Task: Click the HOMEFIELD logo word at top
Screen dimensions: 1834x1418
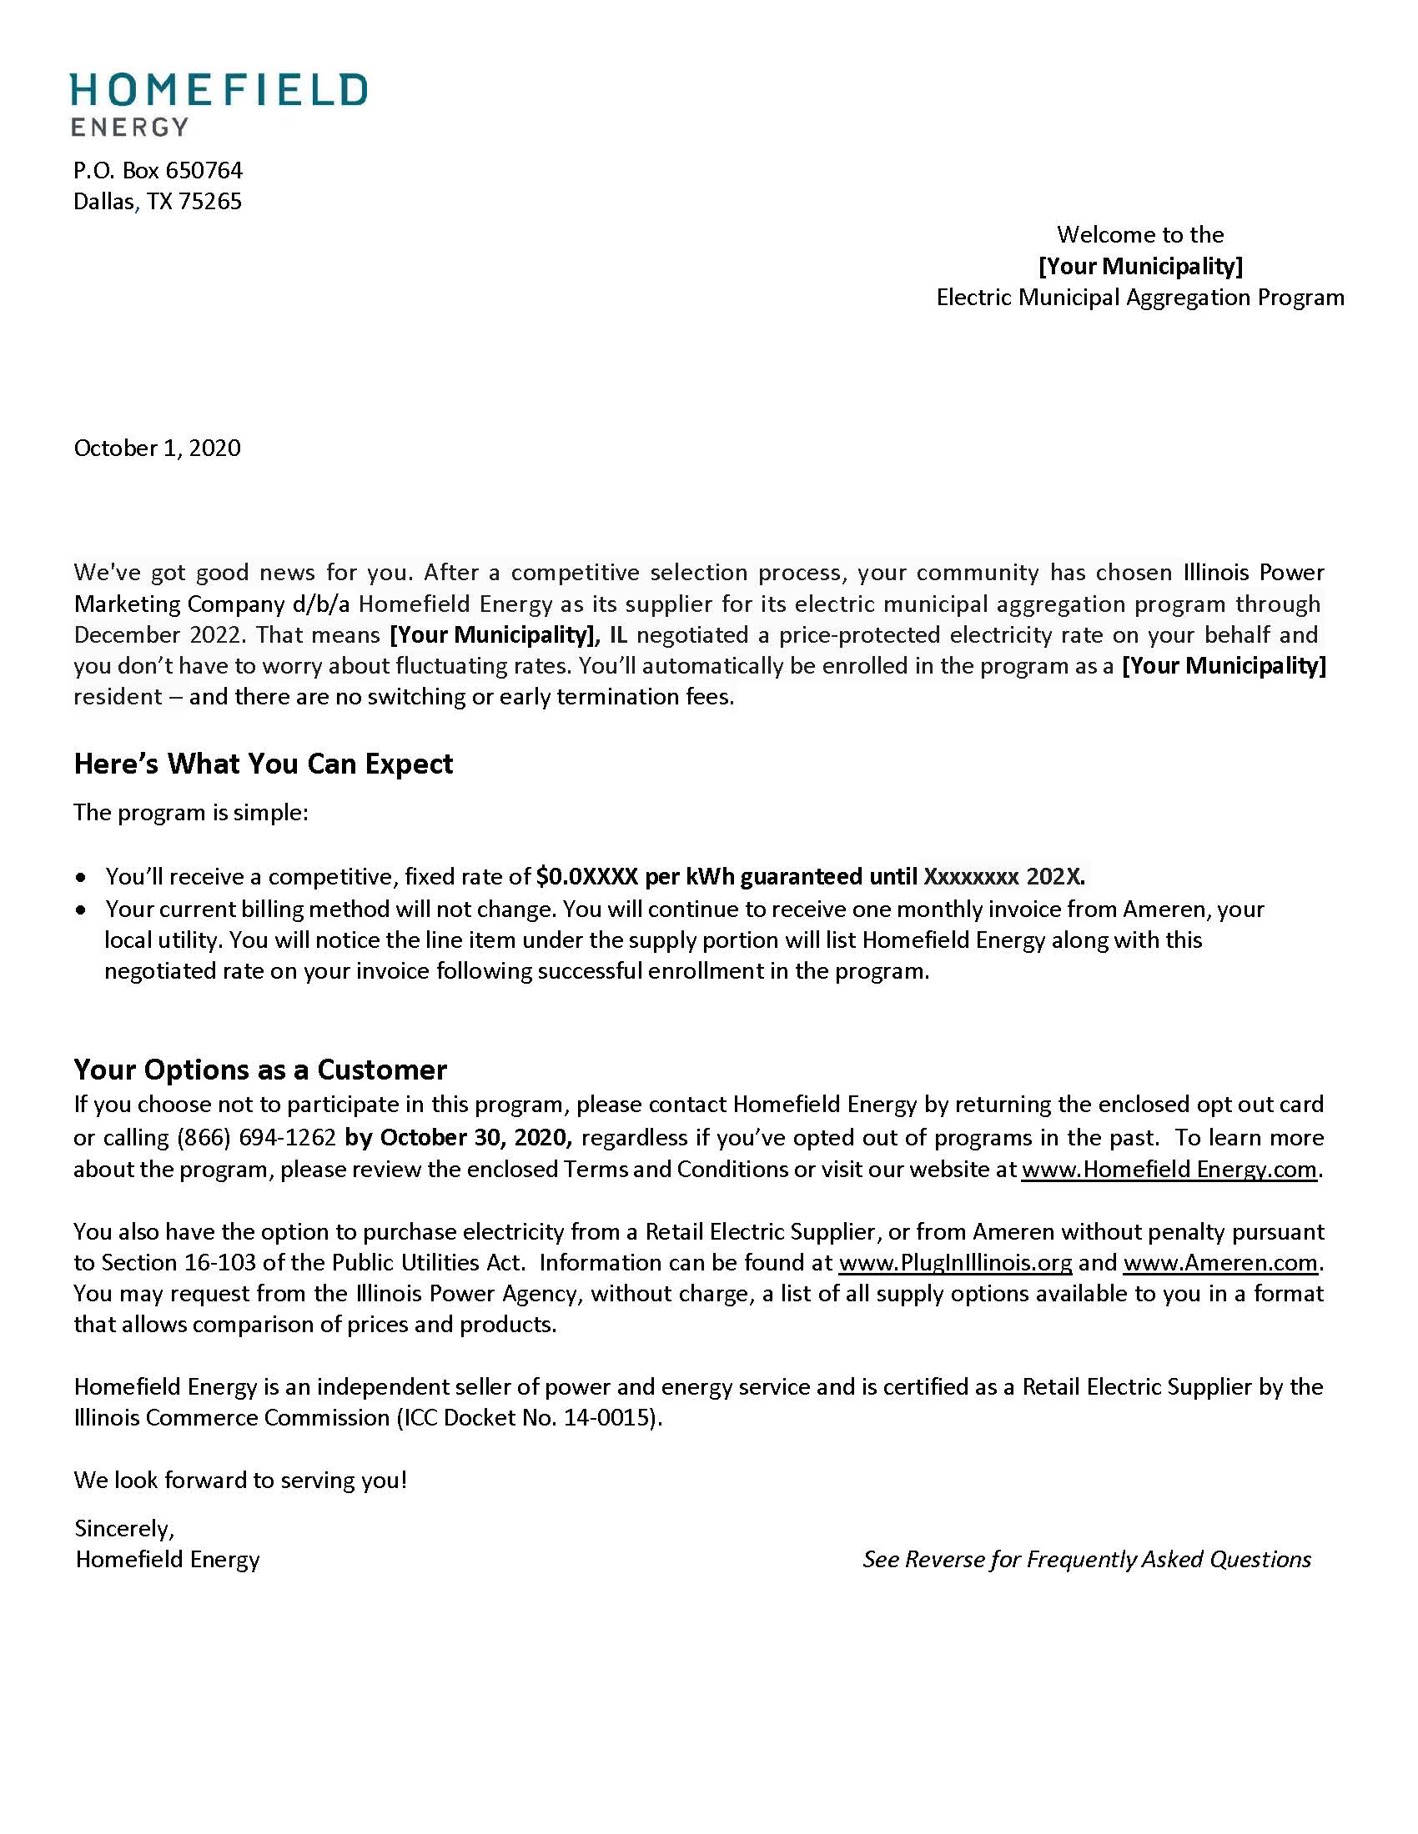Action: (219, 90)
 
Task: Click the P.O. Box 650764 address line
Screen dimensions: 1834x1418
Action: (158, 170)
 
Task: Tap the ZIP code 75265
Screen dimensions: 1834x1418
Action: (210, 202)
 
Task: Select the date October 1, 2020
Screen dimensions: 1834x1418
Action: (157, 448)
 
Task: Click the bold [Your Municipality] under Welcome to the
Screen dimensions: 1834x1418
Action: (1140, 266)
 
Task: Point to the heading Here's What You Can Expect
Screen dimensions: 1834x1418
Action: (263, 764)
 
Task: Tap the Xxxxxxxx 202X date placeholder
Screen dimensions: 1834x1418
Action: (1003, 877)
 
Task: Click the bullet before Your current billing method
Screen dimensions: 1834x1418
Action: (81, 910)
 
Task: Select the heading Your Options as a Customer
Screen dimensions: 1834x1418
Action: (259, 1069)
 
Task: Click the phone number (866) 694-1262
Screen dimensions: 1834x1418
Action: (256, 1137)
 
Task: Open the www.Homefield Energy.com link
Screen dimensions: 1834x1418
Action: (1169, 1169)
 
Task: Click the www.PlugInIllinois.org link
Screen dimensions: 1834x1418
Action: (955, 1262)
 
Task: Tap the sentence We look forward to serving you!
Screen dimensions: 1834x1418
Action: (240, 1480)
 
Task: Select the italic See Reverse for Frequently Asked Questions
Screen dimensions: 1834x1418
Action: (1086, 1560)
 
